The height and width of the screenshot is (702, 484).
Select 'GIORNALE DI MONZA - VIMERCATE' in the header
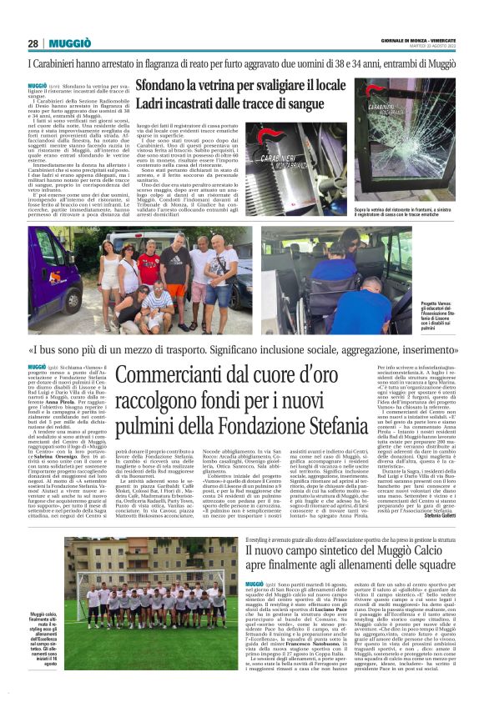click(416, 38)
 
